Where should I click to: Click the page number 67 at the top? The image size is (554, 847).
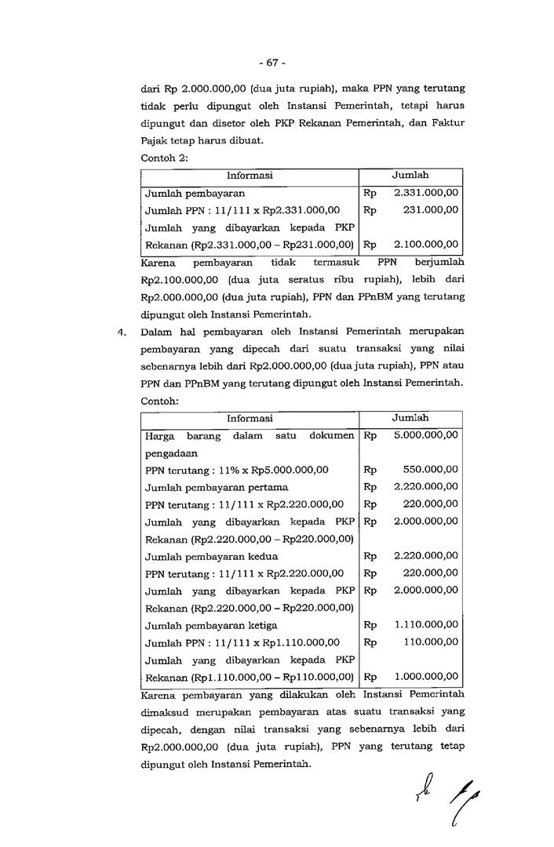[275, 63]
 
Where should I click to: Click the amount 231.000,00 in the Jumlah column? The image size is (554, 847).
[431, 209]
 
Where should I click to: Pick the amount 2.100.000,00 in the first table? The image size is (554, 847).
[427, 244]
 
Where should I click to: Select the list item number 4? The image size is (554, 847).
[121, 333]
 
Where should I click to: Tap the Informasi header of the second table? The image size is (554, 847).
[250, 418]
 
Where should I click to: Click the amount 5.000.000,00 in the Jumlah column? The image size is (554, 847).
[426, 434]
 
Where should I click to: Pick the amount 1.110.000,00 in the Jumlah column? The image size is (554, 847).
[426, 624]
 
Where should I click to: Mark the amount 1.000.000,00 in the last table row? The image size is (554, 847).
[426, 676]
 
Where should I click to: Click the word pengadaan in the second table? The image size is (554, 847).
[171, 453]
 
